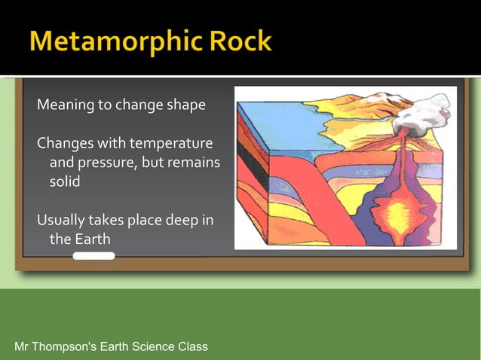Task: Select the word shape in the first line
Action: (x=185, y=105)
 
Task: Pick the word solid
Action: (x=65, y=182)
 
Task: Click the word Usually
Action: (x=62, y=220)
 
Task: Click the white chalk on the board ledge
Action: (x=93, y=256)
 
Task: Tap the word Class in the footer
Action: (x=192, y=346)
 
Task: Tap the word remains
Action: (x=195, y=163)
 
